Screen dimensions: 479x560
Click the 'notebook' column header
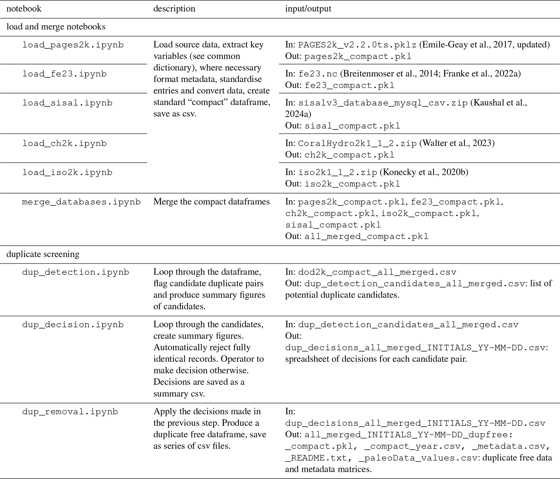(x=24, y=9)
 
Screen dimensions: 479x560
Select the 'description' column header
(x=174, y=9)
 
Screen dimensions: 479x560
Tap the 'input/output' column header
(x=308, y=9)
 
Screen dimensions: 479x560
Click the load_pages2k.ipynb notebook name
(x=73, y=45)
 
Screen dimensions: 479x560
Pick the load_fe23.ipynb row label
(x=64, y=74)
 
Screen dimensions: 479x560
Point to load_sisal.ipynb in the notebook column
(x=67, y=103)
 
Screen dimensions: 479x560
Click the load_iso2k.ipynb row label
(x=67, y=172)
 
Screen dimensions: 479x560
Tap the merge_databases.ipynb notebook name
(x=81, y=202)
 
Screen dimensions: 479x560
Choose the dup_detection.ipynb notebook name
(x=76, y=272)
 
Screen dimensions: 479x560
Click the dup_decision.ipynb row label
(x=73, y=325)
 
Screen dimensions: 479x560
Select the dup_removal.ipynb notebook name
(x=70, y=412)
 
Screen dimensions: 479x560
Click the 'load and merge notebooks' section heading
(x=56, y=27)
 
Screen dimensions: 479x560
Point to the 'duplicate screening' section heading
(x=43, y=254)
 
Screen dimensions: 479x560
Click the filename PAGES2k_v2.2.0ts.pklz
(x=357, y=45)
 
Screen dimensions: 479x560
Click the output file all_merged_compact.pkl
(x=366, y=237)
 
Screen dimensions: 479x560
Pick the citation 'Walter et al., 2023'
(x=457, y=143)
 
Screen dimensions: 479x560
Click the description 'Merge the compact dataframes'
(x=211, y=202)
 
